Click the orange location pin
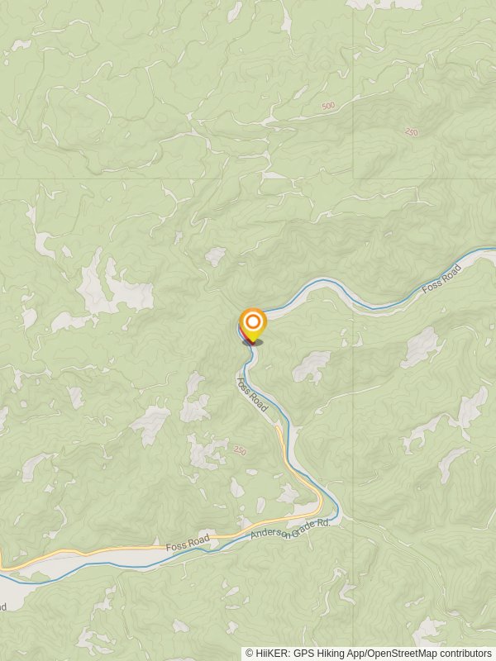pyautogui.click(x=252, y=325)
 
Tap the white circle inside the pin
pyautogui.click(x=252, y=321)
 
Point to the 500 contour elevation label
pyautogui.click(x=329, y=106)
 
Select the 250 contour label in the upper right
pyautogui.click(x=412, y=131)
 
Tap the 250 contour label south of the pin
pyautogui.click(x=240, y=449)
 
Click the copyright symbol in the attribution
pyautogui.click(x=250, y=653)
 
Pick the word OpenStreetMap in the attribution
pyautogui.click(x=403, y=653)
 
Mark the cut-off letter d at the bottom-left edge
pyautogui.click(x=3, y=607)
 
